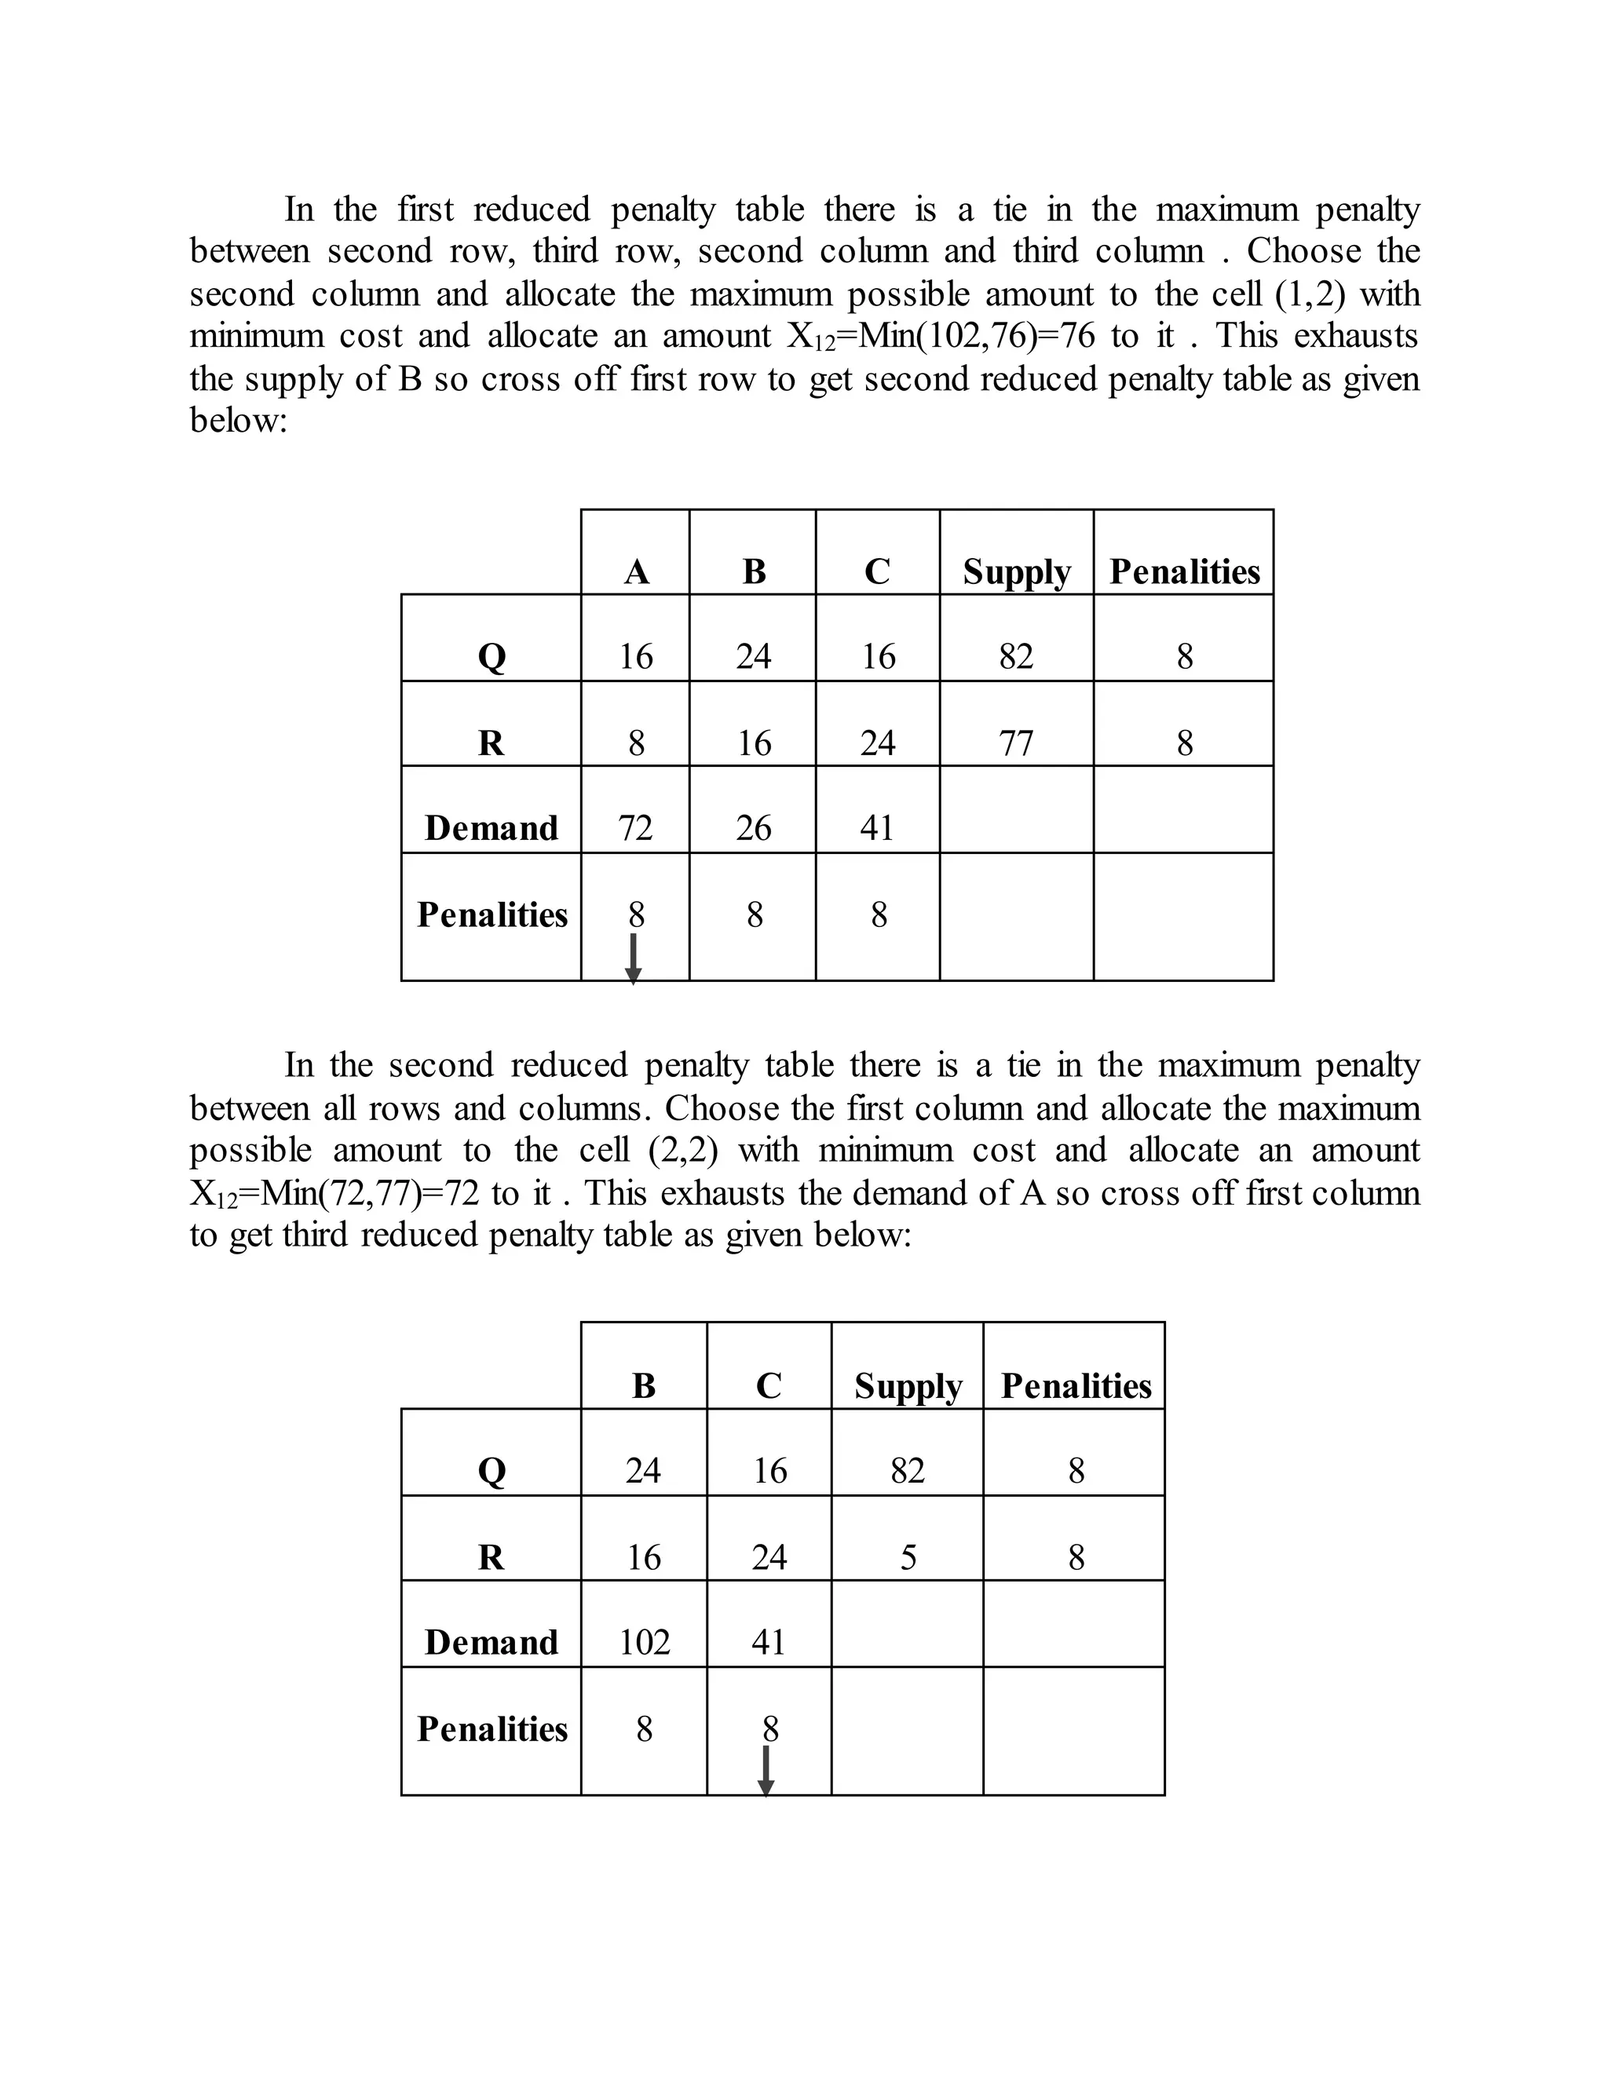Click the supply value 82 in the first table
tap(1015, 656)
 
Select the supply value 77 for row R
tap(1015, 742)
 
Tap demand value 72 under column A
tap(635, 827)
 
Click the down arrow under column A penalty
tap(634, 958)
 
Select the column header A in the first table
tap(636, 571)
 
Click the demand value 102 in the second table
tap(644, 1642)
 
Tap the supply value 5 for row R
tap(908, 1557)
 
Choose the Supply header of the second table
tap(908, 1385)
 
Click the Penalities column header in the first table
tap(1184, 571)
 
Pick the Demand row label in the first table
tap(492, 827)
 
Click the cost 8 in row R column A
tap(635, 742)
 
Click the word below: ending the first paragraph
tap(238, 420)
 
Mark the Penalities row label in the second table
tap(492, 1728)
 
